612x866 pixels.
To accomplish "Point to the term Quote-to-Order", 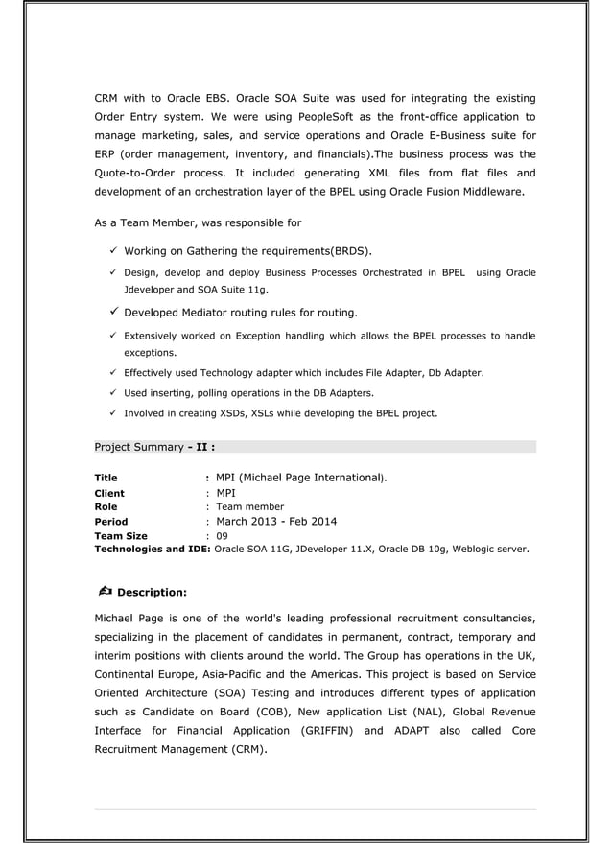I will (134, 173).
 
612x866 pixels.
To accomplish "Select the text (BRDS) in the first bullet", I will (351, 251).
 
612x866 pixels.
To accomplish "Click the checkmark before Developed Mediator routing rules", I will (113, 312).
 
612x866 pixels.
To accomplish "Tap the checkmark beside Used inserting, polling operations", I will (113, 393).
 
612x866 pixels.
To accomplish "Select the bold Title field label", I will (106, 478).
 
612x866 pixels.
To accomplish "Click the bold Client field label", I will (108, 494).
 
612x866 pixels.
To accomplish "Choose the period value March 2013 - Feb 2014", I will (276, 522).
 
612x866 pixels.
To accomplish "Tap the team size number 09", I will (222, 536).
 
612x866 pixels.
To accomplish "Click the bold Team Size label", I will (120, 536).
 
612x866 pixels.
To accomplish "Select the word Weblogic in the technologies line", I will (468, 550).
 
